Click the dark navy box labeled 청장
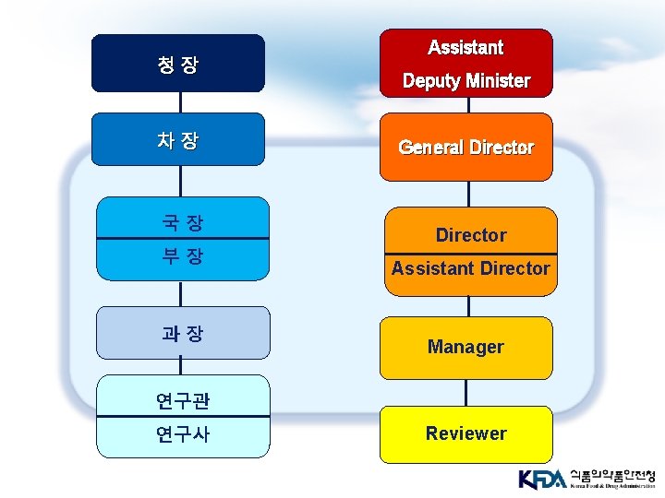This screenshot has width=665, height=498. coord(177,64)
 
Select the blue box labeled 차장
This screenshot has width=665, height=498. coord(177,140)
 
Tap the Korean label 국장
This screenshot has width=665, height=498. coord(182,222)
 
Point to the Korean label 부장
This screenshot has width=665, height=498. coord(182,256)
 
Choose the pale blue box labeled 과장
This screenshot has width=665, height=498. coord(182,333)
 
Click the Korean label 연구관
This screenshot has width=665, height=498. coord(183,400)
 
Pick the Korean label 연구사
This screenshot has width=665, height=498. coord(183,433)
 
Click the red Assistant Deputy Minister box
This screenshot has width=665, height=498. coord(465,63)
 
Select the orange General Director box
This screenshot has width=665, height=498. coord(465,147)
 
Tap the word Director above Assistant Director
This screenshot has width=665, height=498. coord(471,235)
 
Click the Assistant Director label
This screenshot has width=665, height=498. coord(470,268)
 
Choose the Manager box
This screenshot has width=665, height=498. coord(465,347)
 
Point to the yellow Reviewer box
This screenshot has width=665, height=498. coord(465,433)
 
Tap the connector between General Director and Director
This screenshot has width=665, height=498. coord(469,194)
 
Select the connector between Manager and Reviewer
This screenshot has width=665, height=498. coord(466,392)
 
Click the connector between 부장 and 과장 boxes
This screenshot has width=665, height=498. coord(181,293)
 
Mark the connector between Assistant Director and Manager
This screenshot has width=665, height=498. coord(469,306)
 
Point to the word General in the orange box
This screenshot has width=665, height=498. coord(430,147)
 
